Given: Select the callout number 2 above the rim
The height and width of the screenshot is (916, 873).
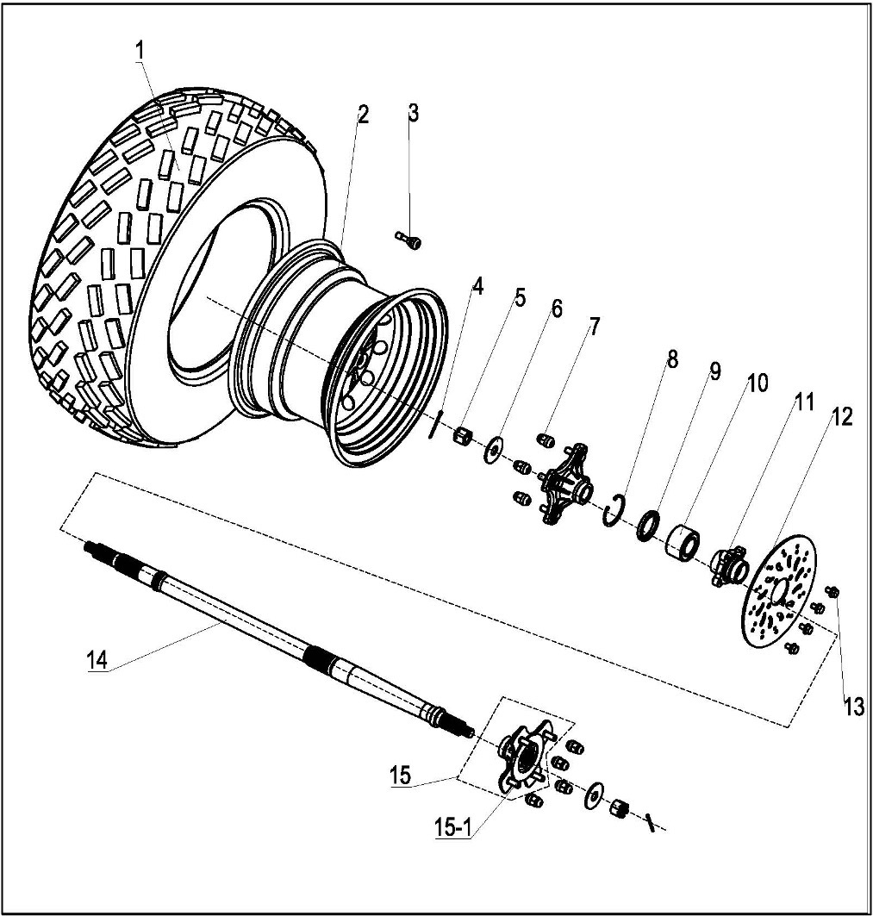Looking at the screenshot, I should (x=363, y=115).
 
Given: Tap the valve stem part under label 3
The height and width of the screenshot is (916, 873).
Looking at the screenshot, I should (x=408, y=242).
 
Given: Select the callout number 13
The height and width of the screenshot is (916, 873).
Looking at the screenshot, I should (x=852, y=707).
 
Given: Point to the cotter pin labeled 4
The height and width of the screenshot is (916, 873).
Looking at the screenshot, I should (x=436, y=425).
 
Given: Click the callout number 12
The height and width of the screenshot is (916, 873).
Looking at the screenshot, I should (x=842, y=418).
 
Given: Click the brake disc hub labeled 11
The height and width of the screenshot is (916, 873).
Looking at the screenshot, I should (x=727, y=567).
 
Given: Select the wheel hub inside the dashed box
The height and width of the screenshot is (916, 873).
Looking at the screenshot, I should (x=521, y=756).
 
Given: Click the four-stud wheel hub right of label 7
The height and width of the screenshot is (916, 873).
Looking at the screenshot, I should (x=564, y=487).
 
